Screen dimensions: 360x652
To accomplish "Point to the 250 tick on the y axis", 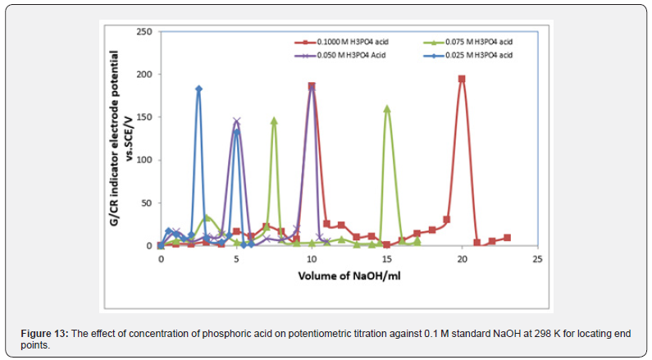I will (x=144, y=31).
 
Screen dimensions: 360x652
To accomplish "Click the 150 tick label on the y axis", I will (x=144, y=117).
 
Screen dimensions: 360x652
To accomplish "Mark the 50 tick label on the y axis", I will (x=146, y=203).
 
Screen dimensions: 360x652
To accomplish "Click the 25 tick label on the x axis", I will (x=537, y=258).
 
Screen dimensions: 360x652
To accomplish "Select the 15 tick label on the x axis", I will (x=386, y=258).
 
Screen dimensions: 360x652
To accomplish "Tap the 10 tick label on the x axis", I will (x=311, y=258).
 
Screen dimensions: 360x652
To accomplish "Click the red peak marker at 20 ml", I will (x=462, y=79).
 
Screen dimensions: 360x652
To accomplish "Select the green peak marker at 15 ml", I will (x=387, y=108).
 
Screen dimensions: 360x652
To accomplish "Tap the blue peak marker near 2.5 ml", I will (x=198, y=89).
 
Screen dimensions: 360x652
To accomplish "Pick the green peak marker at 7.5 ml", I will (x=274, y=121).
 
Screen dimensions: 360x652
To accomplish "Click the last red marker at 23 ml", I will (x=508, y=238).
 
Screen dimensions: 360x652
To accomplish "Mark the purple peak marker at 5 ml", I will (x=236, y=121).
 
